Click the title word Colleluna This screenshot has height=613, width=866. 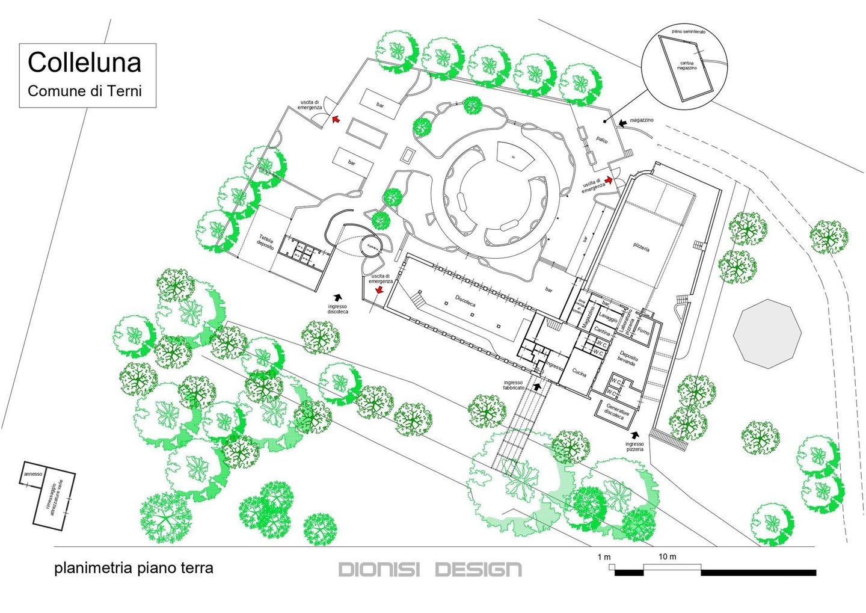(x=85, y=63)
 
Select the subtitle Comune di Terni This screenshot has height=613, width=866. (x=85, y=91)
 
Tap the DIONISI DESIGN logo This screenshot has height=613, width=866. (x=430, y=569)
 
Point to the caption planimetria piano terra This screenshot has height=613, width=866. (x=134, y=568)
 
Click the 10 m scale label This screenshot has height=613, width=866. (x=667, y=556)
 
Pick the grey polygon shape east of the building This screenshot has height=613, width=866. (x=767, y=333)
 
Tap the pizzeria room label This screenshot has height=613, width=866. (x=641, y=246)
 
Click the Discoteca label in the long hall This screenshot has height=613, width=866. (x=465, y=301)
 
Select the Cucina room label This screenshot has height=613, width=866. (x=579, y=373)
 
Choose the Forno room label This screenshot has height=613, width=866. (x=643, y=331)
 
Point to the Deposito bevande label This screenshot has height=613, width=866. (x=627, y=360)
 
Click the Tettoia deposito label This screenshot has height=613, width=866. (x=265, y=242)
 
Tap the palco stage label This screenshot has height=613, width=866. (x=601, y=140)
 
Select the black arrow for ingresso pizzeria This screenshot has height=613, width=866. (x=635, y=434)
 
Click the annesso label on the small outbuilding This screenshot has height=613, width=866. (x=33, y=474)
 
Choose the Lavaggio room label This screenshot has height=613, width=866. (x=608, y=317)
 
